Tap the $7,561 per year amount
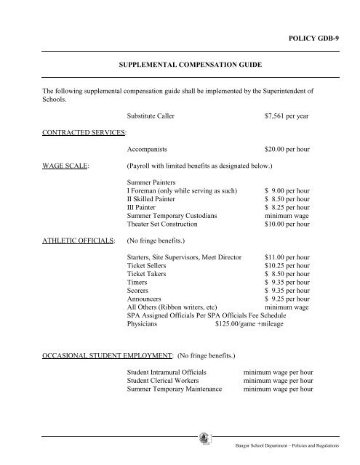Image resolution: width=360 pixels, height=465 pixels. pos(289,115)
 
